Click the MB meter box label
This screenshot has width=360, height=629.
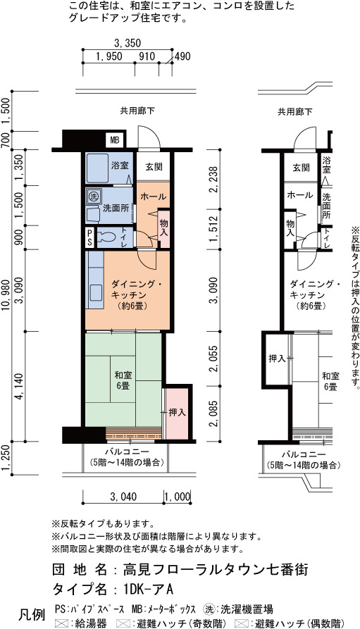(x=115, y=140)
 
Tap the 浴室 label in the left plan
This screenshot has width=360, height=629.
(x=120, y=166)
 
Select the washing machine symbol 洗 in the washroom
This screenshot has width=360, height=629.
(x=93, y=197)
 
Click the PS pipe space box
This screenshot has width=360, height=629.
(x=90, y=238)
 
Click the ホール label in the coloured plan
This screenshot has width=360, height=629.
(x=153, y=197)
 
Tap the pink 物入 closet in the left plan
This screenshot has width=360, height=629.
(x=163, y=228)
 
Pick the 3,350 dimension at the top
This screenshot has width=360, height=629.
(x=128, y=43)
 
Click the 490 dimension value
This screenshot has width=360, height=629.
(x=182, y=56)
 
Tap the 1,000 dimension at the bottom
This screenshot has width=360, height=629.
(x=177, y=497)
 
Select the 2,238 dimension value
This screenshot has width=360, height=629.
(x=215, y=179)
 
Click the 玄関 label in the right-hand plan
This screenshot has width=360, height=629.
(x=301, y=167)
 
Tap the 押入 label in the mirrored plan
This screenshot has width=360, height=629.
(x=277, y=359)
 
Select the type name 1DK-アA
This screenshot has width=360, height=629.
(x=148, y=590)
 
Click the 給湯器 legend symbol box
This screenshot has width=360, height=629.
(x=60, y=623)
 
